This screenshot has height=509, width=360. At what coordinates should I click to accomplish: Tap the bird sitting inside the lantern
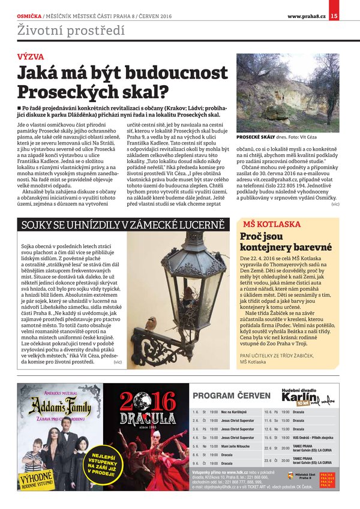pyautogui.click(x=188, y=294)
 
